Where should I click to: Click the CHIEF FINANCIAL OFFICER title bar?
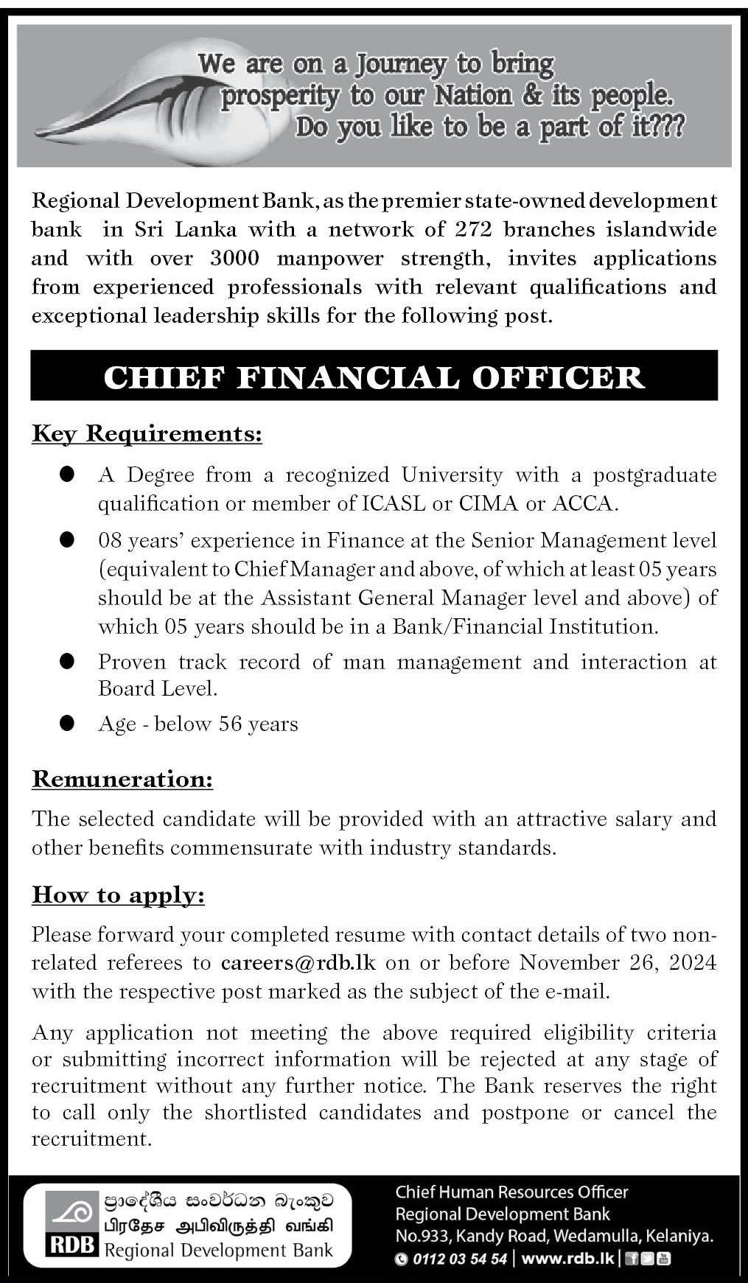[374, 376]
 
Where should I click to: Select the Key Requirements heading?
[147, 434]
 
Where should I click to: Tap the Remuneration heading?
[122, 779]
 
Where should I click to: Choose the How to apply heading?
[118, 895]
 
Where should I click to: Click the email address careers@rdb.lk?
[298, 963]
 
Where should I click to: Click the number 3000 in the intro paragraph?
[234, 259]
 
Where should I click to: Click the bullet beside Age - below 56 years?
[68, 723]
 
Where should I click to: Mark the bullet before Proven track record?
[68, 661]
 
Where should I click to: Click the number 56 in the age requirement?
[231, 724]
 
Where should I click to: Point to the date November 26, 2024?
[618, 963]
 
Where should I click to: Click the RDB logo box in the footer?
[72, 1223]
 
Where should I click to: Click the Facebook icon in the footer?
[632, 1259]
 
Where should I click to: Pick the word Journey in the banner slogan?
[401, 65]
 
